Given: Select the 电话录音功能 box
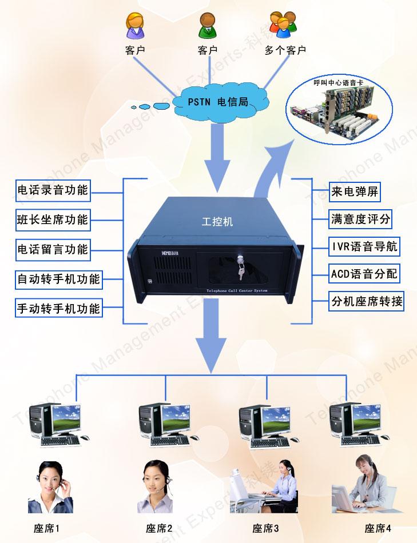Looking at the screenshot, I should pos(53,190).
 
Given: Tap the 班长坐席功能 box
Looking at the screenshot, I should pos(53,219).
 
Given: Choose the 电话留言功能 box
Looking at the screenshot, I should pos(53,249).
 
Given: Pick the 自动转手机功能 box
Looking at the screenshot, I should pos(58,279).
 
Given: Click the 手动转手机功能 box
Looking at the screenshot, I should pos(58,309).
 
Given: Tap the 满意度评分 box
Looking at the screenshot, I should pos(362,219).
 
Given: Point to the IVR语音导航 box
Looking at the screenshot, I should pos(364,246).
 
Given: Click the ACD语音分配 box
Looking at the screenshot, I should pos(364,274).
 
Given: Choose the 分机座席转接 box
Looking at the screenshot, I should pos(367,301).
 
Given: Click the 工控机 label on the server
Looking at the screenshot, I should pos(218,221).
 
